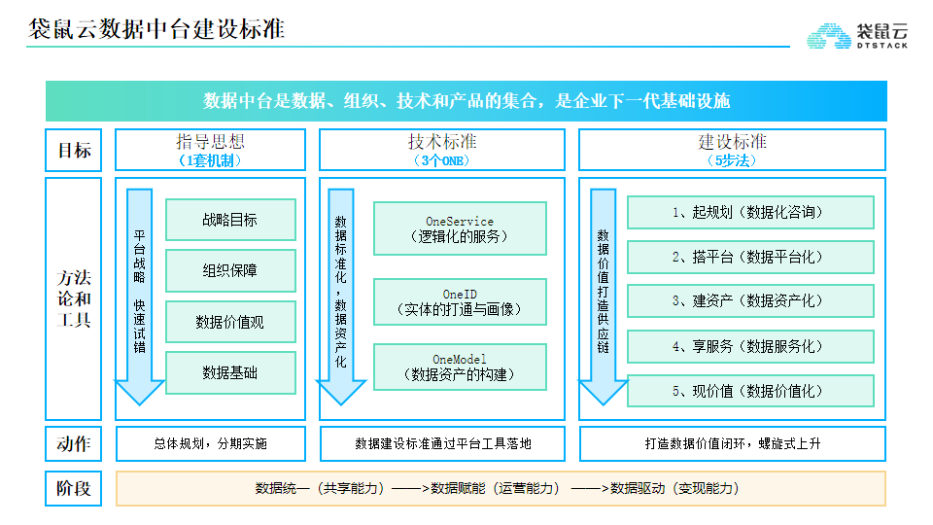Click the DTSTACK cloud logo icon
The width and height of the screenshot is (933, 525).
pyautogui.click(x=829, y=36)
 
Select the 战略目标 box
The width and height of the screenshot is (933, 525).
pyautogui.click(x=230, y=220)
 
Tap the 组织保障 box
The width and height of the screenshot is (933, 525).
pyautogui.click(x=230, y=271)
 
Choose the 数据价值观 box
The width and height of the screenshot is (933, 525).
pyautogui.click(x=230, y=322)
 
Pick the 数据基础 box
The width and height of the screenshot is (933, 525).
pyautogui.click(x=230, y=372)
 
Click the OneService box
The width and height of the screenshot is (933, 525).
pyautogui.click(x=460, y=228)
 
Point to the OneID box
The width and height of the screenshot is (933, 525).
pyautogui.click(x=460, y=301)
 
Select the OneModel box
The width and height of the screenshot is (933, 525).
pyautogui.click(x=460, y=367)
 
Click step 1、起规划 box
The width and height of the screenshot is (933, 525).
pyautogui.click(x=750, y=212)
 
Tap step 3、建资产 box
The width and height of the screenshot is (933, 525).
pyautogui.click(x=750, y=301)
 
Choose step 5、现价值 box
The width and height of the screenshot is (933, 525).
pyautogui.click(x=750, y=391)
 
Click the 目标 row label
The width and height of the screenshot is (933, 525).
pyautogui.click(x=74, y=150)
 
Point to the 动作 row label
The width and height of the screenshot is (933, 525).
pyautogui.click(x=74, y=443)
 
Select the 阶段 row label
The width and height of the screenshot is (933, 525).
pyautogui.click(x=74, y=489)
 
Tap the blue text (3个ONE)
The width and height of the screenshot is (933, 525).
pyautogui.click(x=441, y=160)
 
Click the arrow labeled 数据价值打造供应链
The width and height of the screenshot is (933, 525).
pyautogui.click(x=603, y=297)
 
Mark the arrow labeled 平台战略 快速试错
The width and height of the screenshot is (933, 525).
pyautogui.click(x=139, y=297)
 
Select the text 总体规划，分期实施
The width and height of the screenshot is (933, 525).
pyautogui.click(x=211, y=443)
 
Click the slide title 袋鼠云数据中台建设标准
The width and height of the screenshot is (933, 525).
pyautogui.click(x=156, y=28)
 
